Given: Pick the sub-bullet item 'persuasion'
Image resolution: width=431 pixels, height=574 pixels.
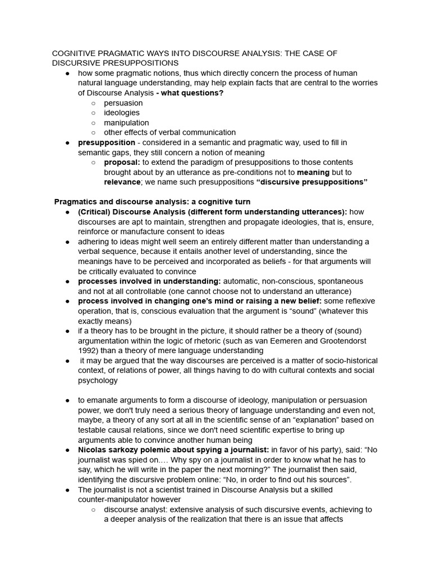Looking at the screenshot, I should (123, 103).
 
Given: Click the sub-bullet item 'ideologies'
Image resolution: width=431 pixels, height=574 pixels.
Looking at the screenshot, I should (122, 113).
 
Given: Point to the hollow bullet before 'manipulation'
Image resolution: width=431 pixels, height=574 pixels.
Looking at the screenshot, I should (93, 123).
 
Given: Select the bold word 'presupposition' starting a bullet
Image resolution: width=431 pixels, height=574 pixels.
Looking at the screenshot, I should (106, 142).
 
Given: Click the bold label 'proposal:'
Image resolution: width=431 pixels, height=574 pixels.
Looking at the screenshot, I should (122, 162).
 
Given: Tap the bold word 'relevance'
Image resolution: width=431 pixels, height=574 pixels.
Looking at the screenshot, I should (122, 182).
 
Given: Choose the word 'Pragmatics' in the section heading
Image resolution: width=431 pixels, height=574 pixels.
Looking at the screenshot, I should (76, 202).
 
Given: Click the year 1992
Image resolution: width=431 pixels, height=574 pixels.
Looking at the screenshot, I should (88, 350).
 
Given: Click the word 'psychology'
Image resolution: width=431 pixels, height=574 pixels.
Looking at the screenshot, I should (98, 380).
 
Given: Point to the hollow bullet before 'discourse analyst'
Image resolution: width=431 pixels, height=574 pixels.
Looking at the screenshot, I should (93, 510).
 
